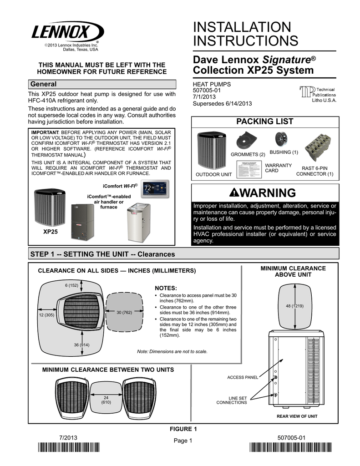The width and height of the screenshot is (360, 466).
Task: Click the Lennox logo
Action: coord(67,33)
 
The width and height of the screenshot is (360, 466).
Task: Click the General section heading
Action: coord(43,84)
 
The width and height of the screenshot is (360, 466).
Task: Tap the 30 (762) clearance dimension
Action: coord(124,313)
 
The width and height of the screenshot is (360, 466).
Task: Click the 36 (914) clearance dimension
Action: coord(81,345)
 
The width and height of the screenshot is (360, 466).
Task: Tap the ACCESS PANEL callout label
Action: coord(243,378)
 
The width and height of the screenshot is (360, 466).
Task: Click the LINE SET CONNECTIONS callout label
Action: coord(232,400)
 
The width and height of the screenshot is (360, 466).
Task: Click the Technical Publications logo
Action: coord(317,94)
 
